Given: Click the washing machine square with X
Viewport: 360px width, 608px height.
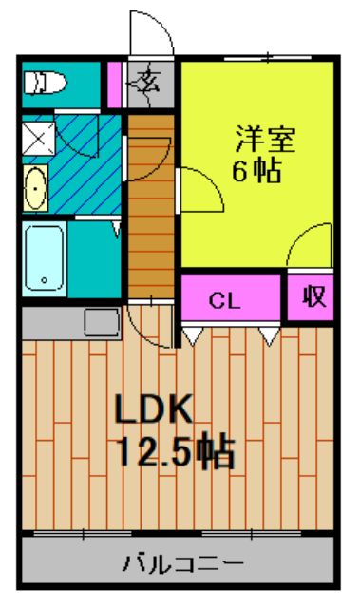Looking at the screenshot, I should click(38, 138).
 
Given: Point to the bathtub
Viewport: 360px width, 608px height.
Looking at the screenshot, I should click(44, 258).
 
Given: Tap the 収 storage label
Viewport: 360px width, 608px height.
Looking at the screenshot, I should click(313, 296).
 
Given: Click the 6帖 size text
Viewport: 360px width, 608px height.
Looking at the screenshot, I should click(256, 174).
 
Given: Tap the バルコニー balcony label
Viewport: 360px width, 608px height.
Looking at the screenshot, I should click(180, 564).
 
